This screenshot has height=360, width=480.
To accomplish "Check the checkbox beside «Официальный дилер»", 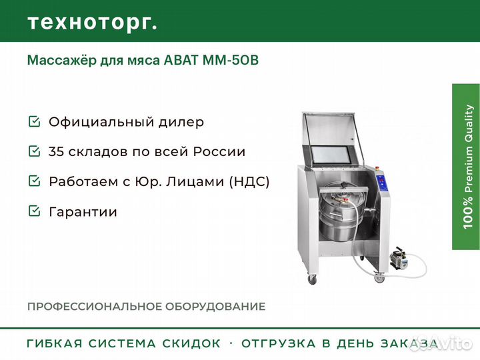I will pos(34,122).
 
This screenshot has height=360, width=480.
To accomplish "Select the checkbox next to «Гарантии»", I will pos(34,211).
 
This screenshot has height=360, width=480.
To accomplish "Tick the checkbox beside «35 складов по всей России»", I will pos(34,151).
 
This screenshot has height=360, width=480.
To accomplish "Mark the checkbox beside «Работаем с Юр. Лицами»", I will pos(34,181).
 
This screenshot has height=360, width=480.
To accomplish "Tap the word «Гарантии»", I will pos(83,212).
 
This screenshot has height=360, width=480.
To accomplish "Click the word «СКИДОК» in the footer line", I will pos(192,344).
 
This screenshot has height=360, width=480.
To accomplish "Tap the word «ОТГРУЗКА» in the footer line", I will pos(276,344).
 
